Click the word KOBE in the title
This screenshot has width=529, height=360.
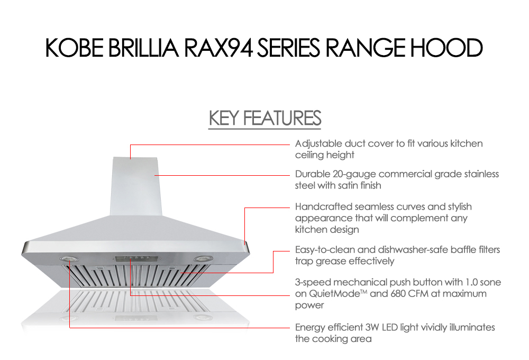[75, 48]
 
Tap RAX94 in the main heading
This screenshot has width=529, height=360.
[218, 48]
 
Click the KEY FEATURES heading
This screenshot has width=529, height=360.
[265, 118]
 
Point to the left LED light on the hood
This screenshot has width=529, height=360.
[69, 259]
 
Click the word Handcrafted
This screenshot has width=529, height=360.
[324, 206]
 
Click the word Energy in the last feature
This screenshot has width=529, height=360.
[310, 328]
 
